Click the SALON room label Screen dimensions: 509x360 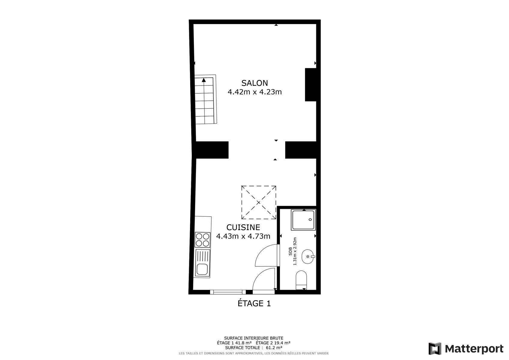[254, 83]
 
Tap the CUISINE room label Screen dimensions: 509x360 [243, 227]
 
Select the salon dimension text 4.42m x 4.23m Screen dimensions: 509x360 [255, 92]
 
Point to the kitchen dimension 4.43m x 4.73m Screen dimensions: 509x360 [243, 236]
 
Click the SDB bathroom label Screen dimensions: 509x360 [291, 251]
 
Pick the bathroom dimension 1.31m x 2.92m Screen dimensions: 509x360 [295, 251]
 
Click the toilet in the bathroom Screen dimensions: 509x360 [301, 280]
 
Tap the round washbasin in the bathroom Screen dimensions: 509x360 [308, 256]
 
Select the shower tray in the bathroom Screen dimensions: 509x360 [303, 220]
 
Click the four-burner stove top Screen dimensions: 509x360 [203, 240]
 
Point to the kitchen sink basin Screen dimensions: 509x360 [202, 269]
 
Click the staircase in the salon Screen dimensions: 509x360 [205, 99]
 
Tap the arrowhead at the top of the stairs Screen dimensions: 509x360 [204, 80]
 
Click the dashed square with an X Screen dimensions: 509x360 [259, 202]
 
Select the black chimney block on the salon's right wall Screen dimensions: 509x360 [311, 85]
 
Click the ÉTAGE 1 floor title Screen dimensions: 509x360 [254, 303]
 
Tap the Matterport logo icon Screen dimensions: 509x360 [435, 349]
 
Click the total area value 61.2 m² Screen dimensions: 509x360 [274, 347]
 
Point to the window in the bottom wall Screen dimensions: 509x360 [228, 292]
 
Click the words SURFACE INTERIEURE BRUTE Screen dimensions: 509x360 [254, 338]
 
